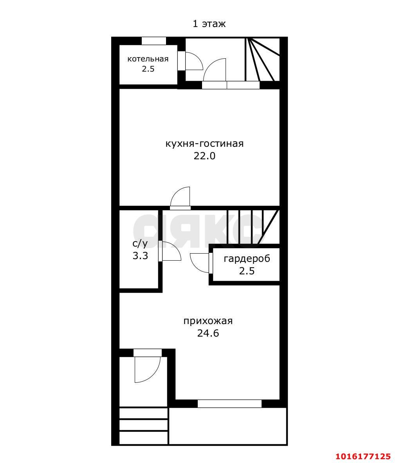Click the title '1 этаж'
[x=209, y=23]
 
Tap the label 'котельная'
[x=148, y=59]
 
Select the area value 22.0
[x=204, y=156]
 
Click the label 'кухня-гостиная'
[x=204, y=144]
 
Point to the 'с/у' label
[x=140, y=243]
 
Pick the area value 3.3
[x=140, y=256]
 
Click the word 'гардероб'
[x=247, y=259]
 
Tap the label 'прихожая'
[x=208, y=321]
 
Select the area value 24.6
[x=208, y=333]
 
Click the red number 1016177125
[x=363, y=456]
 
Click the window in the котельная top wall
[x=153, y=41]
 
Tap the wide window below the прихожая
[x=229, y=404]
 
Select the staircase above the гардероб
[x=253, y=227]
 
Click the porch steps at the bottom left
[x=144, y=425]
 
